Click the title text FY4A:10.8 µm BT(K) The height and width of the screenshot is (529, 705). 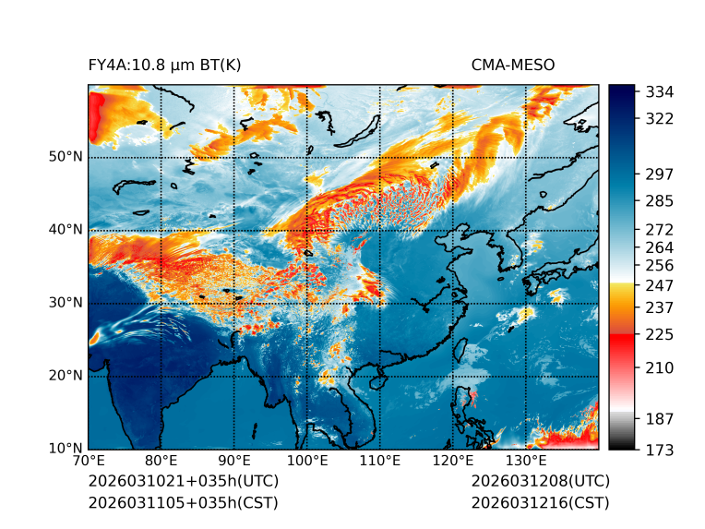point(164,65)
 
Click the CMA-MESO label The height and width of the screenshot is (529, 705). point(513,65)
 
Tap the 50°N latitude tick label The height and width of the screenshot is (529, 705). point(66,157)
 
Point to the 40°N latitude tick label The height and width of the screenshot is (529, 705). point(66,230)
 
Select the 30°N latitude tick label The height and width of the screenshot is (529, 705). point(66,303)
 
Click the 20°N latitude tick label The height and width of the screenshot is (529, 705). point(66,376)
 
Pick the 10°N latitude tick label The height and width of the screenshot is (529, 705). point(66,449)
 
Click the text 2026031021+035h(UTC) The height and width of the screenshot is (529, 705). point(183,482)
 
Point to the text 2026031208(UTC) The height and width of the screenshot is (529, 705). point(540,482)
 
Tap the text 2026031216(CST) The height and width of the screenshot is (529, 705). point(540,503)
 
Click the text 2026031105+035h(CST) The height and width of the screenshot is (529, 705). point(183,503)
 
